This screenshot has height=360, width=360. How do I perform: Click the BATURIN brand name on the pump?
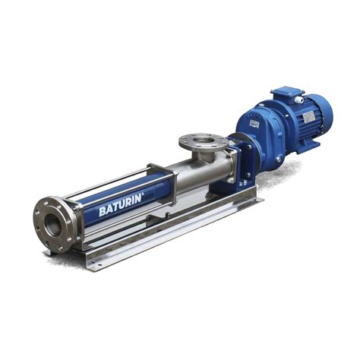click(x=120, y=205)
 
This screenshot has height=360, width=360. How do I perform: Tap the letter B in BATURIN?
click(x=103, y=211)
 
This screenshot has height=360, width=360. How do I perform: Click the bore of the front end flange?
click(x=52, y=225)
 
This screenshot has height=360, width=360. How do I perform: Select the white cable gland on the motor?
click(x=299, y=99)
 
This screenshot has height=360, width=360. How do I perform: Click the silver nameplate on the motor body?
click(x=309, y=118)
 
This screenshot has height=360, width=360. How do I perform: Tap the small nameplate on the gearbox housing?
click(x=254, y=123)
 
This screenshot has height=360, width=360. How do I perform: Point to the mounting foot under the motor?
click(x=308, y=147)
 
